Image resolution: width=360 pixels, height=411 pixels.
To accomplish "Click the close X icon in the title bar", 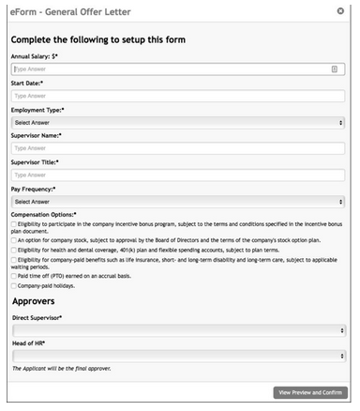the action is (x=340, y=10).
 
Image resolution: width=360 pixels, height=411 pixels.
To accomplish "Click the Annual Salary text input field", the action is (x=169, y=69).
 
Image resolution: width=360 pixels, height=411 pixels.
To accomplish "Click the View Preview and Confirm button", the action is (x=309, y=391).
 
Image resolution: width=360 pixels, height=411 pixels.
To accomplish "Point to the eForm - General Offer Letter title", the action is (x=70, y=10).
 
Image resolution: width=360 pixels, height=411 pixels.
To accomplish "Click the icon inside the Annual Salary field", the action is (x=335, y=69).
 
